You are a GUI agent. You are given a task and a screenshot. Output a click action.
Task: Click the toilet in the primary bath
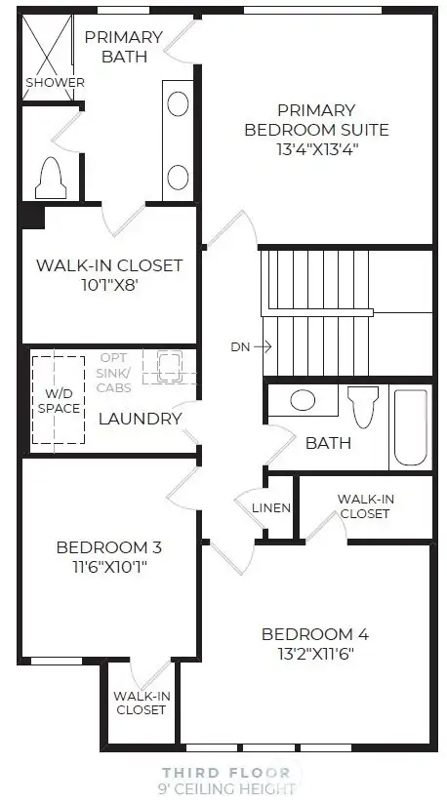[x=50, y=179]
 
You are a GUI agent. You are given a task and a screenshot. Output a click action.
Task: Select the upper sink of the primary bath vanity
[x=178, y=103]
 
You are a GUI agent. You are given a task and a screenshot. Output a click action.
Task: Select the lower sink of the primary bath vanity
[x=178, y=177]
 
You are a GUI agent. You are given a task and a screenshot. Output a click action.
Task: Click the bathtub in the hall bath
[x=410, y=427]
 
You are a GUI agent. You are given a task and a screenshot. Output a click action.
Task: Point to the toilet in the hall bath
[x=363, y=407]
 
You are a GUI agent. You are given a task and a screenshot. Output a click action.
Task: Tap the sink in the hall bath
[x=303, y=399]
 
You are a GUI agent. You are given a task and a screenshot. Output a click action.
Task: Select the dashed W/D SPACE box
[x=59, y=400]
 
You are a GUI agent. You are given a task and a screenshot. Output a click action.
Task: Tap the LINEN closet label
[x=271, y=508]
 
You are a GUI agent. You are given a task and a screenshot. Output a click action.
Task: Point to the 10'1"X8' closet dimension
[x=108, y=287]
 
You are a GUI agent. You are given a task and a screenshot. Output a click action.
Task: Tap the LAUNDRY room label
[x=140, y=419]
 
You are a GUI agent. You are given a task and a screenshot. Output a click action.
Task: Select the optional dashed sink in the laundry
[x=162, y=366]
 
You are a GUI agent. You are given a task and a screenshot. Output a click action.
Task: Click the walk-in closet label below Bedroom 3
[x=140, y=703]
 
